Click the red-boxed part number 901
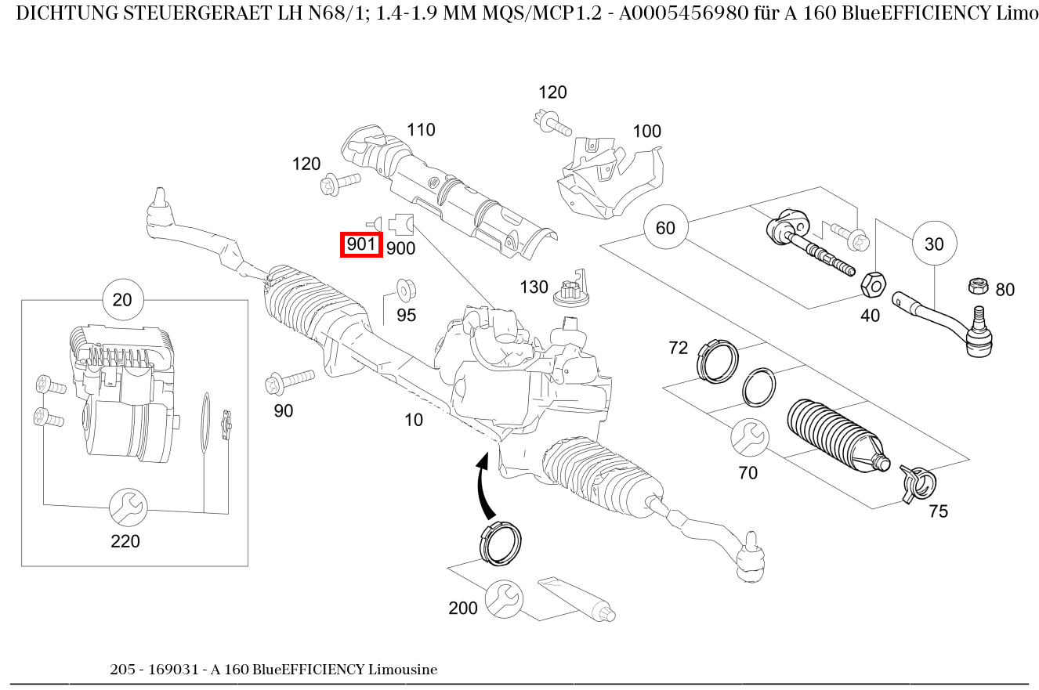click(x=361, y=244)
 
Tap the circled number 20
click(x=122, y=299)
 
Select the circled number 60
click(x=664, y=228)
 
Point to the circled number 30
click(x=933, y=244)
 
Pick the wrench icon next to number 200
click(x=503, y=599)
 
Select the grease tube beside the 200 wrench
click(x=575, y=599)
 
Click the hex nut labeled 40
click(x=873, y=285)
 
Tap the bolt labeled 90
click(x=288, y=381)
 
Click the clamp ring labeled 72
click(x=716, y=360)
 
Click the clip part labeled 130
click(x=570, y=289)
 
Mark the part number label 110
click(x=421, y=130)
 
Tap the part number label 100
click(x=646, y=132)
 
